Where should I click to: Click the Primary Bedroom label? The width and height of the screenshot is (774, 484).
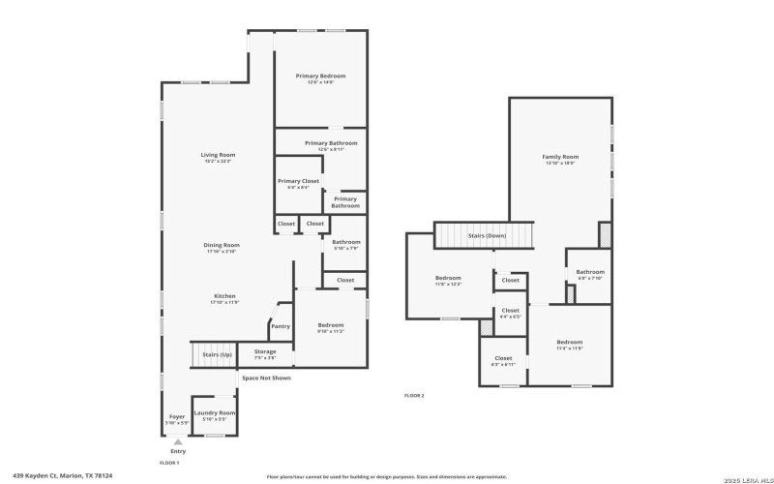click(320, 76)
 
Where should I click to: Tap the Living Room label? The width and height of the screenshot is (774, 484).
click(218, 155)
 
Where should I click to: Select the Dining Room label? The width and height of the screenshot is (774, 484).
click(221, 245)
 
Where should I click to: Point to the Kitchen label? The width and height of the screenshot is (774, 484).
click(223, 296)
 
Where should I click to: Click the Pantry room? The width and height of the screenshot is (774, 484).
click(281, 326)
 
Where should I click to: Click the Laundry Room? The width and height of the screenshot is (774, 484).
click(214, 413)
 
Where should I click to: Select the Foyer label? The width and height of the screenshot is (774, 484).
click(176, 416)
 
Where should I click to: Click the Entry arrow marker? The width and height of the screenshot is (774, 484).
click(177, 441)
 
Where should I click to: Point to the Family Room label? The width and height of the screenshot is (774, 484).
click(560, 157)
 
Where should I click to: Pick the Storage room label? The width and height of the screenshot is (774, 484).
click(265, 351)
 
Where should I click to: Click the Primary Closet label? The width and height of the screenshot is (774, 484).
click(298, 181)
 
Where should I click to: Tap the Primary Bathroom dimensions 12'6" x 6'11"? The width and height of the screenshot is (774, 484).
click(324, 150)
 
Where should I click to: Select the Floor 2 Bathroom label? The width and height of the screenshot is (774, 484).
click(590, 272)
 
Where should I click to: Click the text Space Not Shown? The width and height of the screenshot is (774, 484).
click(266, 378)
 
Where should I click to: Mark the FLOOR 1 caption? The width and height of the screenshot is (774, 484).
click(169, 464)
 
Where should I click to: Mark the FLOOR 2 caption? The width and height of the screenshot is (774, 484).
click(414, 396)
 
